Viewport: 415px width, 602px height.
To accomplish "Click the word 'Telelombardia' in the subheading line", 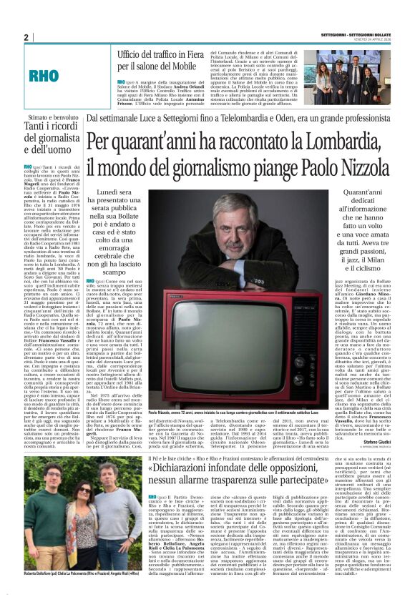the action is click(x=262, y=120).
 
